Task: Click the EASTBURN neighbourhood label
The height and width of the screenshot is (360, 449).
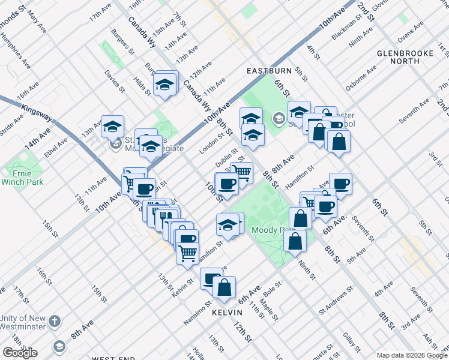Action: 269,71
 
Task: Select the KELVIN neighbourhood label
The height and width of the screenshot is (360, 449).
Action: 227,313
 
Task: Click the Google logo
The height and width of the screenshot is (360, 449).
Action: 20,353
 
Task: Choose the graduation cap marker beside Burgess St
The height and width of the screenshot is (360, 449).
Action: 165,85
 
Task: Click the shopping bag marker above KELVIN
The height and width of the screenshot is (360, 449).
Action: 224,287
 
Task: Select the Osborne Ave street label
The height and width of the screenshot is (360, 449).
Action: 360,78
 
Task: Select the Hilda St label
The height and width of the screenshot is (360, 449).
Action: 142,86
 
